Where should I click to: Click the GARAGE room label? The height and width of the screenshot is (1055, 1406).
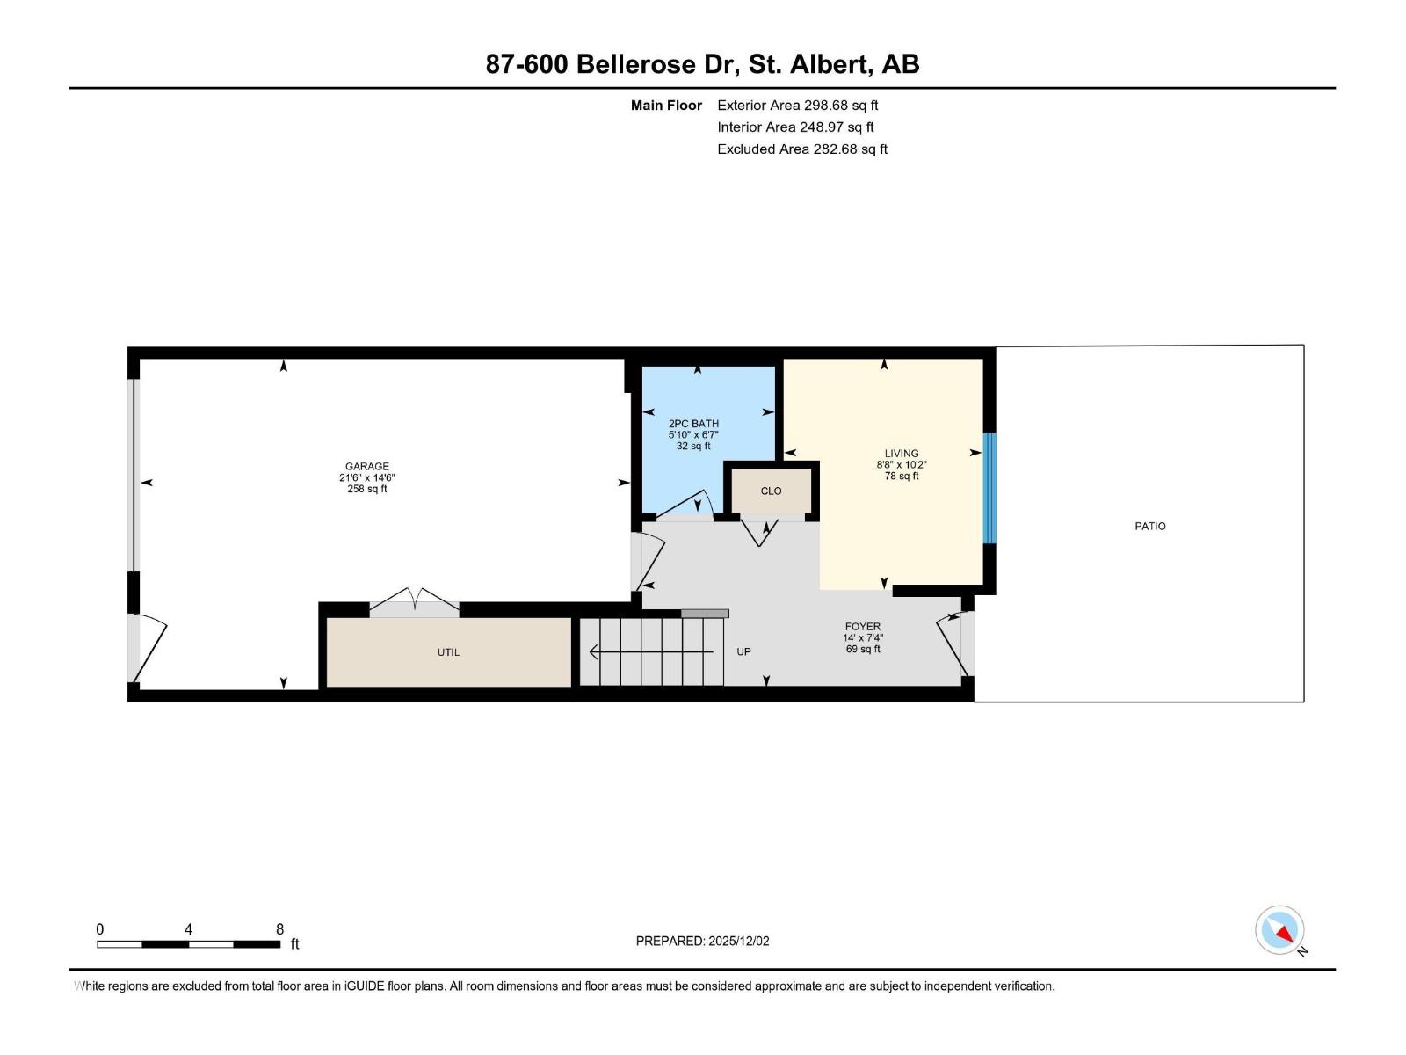coord(366,467)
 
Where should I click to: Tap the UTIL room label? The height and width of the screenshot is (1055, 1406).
coord(448,652)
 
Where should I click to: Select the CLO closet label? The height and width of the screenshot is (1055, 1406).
coord(771,491)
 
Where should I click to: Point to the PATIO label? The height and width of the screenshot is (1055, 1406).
coord(1149,527)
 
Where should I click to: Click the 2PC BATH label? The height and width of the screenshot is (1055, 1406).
coord(693,424)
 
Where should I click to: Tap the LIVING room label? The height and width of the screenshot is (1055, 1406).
coord(902,454)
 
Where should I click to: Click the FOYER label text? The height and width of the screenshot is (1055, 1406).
coord(862,627)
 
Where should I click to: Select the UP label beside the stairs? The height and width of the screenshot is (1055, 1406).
coord(743,652)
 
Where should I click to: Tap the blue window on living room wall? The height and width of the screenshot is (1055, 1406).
coord(989,488)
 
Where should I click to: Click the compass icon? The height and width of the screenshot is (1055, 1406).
coord(1279,930)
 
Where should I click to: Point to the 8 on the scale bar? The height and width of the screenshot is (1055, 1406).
coord(279,929)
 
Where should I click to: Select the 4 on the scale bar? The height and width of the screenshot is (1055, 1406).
coord(188,929)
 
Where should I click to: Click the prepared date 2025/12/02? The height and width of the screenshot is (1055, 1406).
coord(737,941)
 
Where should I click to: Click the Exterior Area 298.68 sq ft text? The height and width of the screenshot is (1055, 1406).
coord(797,105)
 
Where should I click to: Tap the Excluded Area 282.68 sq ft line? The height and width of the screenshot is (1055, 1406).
coord(801,149)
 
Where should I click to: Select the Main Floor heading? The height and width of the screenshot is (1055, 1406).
coord(666,105)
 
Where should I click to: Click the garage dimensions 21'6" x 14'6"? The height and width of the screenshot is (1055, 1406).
coord(366,478)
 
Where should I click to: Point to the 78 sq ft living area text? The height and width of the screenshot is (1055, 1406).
coord(902,477)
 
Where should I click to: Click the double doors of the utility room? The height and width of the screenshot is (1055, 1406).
coord(414,601)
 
